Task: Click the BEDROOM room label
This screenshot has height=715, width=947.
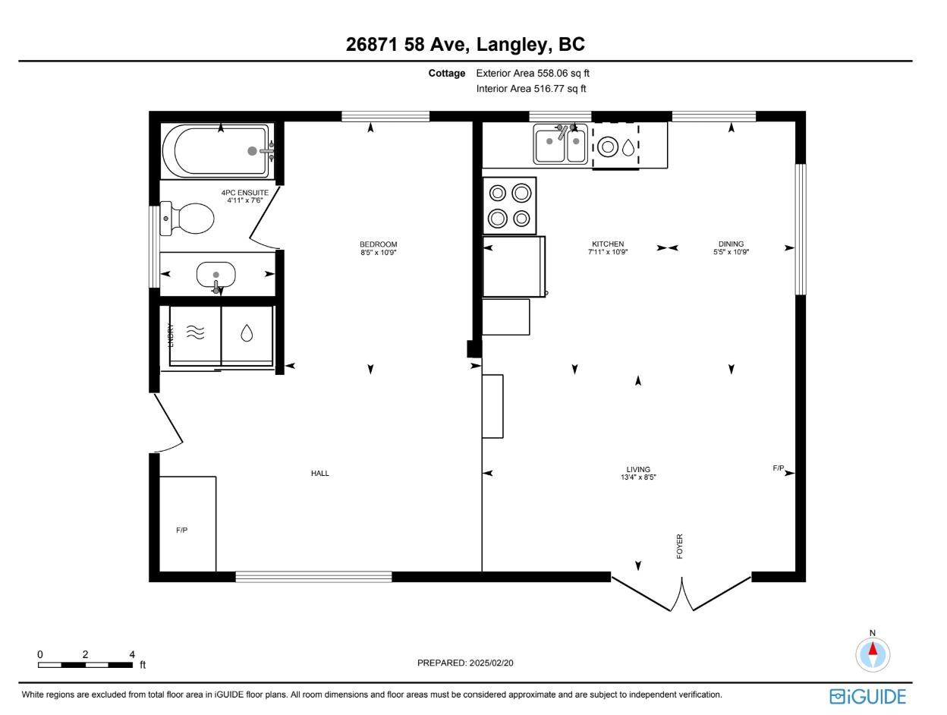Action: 378,244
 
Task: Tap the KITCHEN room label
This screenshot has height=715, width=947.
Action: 608,244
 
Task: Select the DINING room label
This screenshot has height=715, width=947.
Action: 731,244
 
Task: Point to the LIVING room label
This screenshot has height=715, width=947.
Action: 638,470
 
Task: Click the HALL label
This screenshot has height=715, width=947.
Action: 320,474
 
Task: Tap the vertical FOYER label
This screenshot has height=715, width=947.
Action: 680,546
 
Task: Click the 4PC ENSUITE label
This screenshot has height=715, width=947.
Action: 244,193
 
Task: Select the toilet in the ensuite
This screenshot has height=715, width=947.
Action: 190,219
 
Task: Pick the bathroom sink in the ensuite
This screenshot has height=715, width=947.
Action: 216,275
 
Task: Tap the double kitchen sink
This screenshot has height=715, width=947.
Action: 560,144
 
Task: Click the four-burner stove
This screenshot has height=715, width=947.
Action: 509,206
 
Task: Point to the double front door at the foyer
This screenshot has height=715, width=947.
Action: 681,594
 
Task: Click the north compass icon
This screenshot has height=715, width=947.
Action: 873,653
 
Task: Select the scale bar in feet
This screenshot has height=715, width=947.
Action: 86,665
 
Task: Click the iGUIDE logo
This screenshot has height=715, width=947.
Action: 868,696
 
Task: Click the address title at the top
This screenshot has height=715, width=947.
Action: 465,45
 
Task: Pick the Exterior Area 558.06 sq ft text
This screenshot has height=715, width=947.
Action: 533,74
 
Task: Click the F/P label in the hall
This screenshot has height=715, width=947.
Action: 182,530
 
